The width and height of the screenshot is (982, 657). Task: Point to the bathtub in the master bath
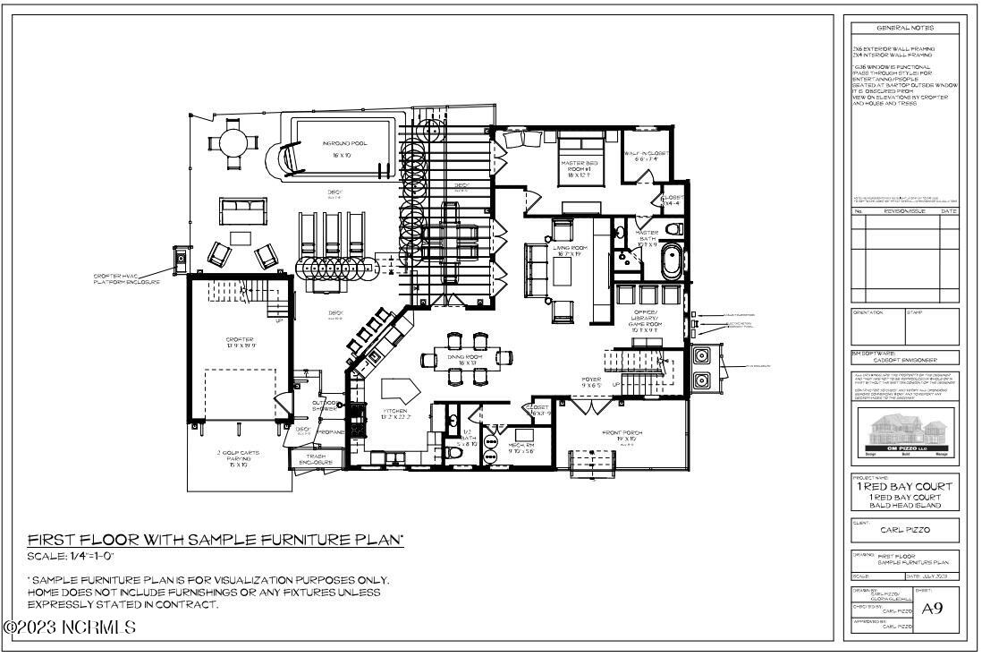tap(670, 265)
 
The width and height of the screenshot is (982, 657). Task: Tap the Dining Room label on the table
tap(465, 360)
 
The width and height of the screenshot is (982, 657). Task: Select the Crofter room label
tap(239, 342)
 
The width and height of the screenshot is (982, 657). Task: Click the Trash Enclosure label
tap(315, 459)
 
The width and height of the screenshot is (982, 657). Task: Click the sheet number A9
tap(932, 608)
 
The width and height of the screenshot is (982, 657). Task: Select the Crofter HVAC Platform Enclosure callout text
tap(126, 278)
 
